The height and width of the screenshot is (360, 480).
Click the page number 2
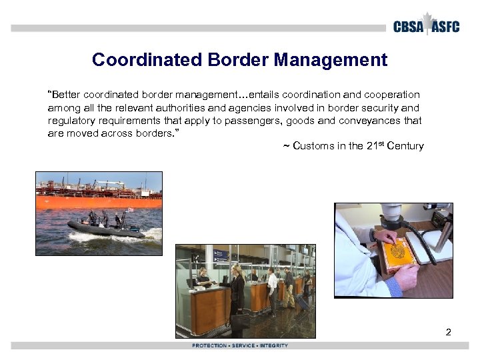coord(448,331)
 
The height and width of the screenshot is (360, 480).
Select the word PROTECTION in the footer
coord(209,345)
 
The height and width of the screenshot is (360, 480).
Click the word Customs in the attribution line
coord(311,146)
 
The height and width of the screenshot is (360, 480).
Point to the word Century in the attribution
coord(405,146)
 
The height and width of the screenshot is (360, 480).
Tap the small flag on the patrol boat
coord(131,210)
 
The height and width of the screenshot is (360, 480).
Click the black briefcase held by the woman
coord(240,320)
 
